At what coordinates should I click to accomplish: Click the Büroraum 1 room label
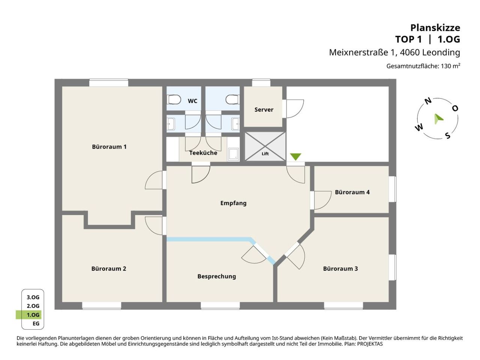coord(109,147)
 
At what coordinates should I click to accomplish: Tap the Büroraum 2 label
coord(109,268)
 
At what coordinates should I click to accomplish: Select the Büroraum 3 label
coord(340,268)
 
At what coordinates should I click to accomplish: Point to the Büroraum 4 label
coord(352,192)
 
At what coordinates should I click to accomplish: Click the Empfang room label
coord(233,203)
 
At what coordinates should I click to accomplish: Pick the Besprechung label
coord(216,276)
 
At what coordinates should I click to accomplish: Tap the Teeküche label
coord(203,153)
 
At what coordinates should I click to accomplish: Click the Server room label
coord(264,109)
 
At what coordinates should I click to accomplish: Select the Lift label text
coord(265,154)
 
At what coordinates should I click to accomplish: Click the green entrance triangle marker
coord(295,156)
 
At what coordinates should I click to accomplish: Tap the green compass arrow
coord(438,119)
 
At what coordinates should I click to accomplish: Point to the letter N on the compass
coord(428,101)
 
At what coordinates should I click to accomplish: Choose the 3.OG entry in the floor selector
coord(33,297)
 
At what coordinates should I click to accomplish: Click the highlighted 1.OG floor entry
coord(33,315)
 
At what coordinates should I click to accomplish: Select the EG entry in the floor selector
coord(36,324)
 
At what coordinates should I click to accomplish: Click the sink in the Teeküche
coord(233,154)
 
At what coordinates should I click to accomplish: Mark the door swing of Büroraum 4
coord(323,200)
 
